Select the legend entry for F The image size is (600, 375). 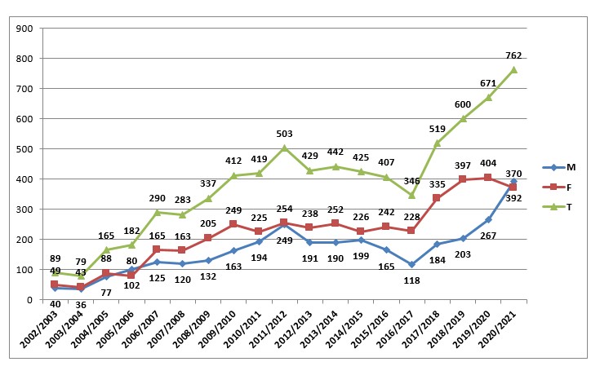click(563, 187)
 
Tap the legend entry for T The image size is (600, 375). click(563, 206)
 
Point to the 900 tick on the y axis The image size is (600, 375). click(23, 29)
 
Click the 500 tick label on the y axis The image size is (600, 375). click(23, 149)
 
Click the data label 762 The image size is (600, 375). click(513, 55)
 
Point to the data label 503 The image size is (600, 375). click(282, 134)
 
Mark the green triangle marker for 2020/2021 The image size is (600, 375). click(513, 69)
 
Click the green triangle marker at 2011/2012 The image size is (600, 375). click(283, 148)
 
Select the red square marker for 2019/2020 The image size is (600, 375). click(488, 178)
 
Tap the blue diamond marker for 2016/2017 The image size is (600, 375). click(411, 264)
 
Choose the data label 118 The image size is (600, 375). click(411, 280)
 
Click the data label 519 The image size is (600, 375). click(437, 129)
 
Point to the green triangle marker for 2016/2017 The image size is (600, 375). click(411, 195)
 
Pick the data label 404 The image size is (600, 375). click(488, 163)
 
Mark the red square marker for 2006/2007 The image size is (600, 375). click(156, 250)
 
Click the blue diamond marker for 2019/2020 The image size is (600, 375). click(488, 219)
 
